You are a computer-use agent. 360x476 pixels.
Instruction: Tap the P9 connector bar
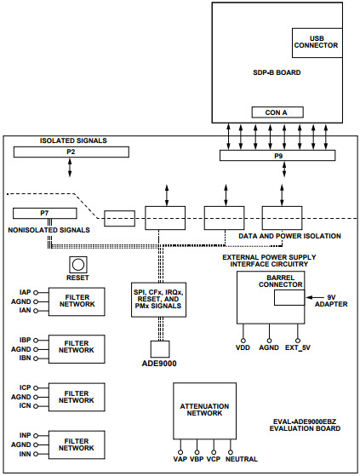click(x=278, y=155)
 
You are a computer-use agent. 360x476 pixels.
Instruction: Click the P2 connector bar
click(x=71, y=152)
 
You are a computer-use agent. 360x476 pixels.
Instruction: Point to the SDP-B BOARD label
click(x=277, y=72)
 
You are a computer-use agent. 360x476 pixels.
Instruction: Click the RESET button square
click(x=78, y=264)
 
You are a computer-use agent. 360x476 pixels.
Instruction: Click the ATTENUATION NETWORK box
click(x=204, y=408)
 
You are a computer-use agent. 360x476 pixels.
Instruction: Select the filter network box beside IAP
click(x=76, y=300)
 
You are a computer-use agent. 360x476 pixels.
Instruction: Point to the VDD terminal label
click(x=243, y=347)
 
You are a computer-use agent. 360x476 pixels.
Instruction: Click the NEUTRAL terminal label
click(x=243, y=461)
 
